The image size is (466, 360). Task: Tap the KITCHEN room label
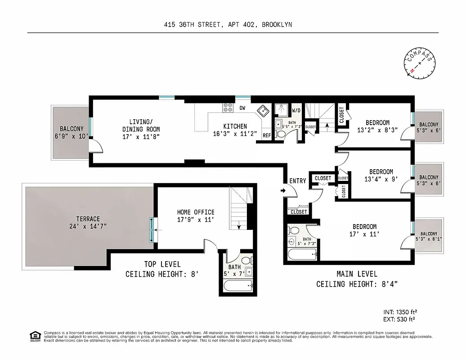pos(234,126)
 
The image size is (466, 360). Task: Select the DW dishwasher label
pos(242,108)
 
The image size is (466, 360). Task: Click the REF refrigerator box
pos(266,135)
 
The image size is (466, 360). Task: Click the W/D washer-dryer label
pos(296,110)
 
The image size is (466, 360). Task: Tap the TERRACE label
pos(88,219)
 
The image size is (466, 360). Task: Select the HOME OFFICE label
pos(195,212)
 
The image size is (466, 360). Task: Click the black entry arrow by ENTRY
pos(283,191)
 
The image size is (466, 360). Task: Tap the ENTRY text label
pos(298,181)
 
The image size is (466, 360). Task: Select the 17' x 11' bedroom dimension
pos(365,234)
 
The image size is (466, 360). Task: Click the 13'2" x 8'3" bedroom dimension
pos(377,130)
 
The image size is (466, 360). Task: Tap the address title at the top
pos(228,25)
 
